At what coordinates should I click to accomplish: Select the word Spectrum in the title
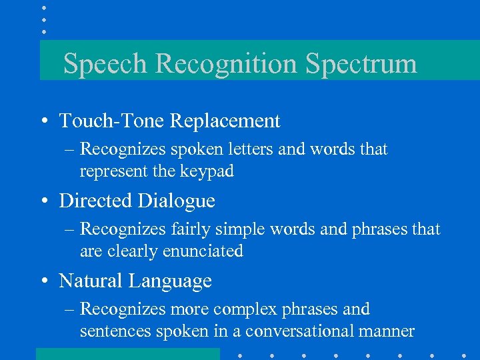click(361, 64)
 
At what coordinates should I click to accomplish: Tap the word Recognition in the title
click(228, 64)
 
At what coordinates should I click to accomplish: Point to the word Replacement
click(225, 121)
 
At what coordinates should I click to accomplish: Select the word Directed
click(95, 201)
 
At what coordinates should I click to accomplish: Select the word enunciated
click(205, 251)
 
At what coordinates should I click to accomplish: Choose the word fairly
click(190, 230)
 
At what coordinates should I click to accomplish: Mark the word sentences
click(114, 331)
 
